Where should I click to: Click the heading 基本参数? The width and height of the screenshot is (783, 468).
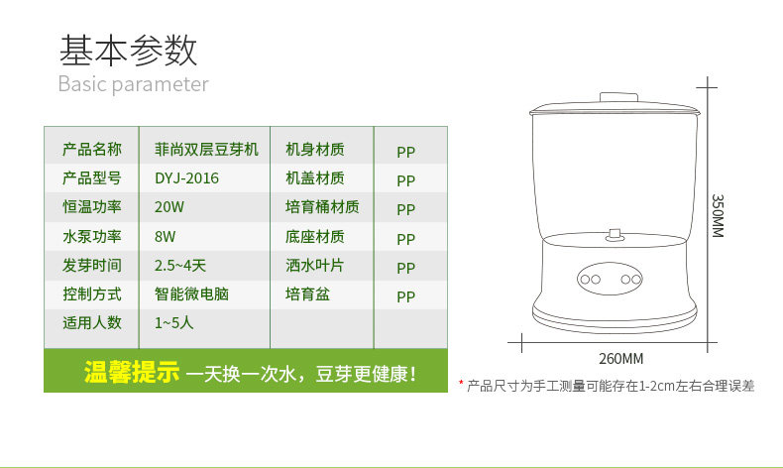point(128,51)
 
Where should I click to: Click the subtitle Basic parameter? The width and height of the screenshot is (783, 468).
point(134,84)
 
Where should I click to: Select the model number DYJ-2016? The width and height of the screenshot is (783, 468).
point(186,178)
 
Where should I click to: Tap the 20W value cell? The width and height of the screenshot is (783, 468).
point(169,207)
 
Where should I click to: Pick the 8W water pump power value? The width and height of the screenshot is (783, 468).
point(166,236)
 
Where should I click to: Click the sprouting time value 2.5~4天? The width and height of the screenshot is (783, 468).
point(180,265)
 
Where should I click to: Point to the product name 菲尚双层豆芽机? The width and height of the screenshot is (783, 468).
point(207,149)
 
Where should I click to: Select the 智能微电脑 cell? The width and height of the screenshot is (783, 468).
point(191,293)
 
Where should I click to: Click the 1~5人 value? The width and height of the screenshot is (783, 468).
point(173,322)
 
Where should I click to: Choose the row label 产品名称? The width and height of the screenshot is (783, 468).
point(92,149)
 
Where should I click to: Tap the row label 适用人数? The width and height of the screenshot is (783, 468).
point(92,322)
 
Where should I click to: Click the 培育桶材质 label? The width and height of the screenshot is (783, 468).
point(322,207)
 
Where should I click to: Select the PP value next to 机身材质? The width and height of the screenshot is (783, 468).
point(406,152)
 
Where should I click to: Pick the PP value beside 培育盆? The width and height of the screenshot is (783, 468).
point(406,296)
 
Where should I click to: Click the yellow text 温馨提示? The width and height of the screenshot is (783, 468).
point(132,372)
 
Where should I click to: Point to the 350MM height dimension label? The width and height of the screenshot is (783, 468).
point(717,216)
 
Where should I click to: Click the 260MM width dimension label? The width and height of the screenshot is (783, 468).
point(620,359)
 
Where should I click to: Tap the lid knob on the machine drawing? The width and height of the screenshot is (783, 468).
point(618,97)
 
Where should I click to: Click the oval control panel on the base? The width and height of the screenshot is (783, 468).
point(610,279)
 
